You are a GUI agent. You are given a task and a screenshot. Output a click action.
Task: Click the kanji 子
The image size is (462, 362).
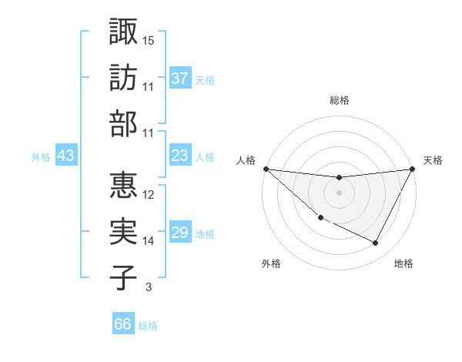[x=123, y=277]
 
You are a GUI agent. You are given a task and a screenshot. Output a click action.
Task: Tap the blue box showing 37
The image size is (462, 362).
[x=180, y=79]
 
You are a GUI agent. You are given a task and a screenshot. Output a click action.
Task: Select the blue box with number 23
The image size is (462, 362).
[x=180, y=156]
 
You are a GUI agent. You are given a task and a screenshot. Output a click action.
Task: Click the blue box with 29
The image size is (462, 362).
[x=180, y=233]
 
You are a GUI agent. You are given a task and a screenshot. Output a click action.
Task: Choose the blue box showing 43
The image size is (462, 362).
[x=66, y=156]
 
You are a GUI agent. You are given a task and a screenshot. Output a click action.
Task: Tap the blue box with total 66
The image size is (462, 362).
[x=123, y=324]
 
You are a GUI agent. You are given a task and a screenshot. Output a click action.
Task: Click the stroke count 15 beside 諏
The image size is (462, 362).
[x=149, y=40]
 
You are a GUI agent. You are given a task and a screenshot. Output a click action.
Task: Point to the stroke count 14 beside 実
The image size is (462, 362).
[x=149, y=241]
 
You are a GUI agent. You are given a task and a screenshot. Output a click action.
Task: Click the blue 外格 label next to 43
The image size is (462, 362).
[x=41, y=157]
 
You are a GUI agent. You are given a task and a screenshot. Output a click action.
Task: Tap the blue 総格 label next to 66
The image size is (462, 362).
[x=148, y=326]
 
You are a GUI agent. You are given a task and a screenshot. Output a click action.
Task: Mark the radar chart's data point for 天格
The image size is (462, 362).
[x=412, y=169]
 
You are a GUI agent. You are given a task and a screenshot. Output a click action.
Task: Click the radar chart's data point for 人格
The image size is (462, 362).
[x=266, y=169]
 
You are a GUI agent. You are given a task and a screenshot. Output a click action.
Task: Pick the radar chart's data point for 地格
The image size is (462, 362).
[x=376, y=243]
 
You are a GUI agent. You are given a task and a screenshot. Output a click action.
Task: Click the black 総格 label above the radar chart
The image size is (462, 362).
[x=339, y=100]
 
